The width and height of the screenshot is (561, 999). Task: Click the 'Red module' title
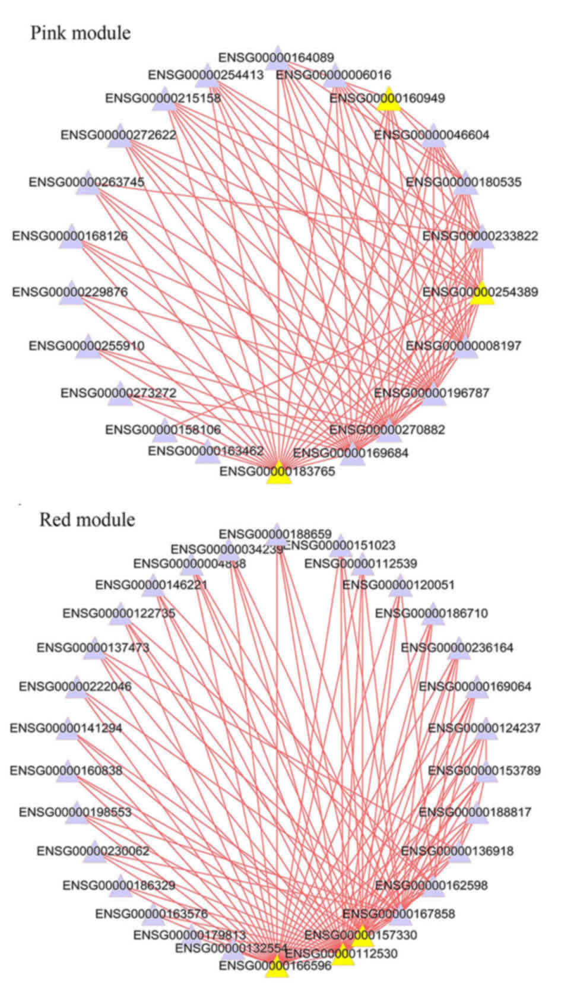click(x=87, y=520)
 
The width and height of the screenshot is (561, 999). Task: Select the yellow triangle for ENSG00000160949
click(x=389, y=100)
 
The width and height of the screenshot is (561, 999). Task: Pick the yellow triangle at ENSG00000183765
click(x=279, y=474)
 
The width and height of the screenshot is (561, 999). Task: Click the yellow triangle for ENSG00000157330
click(x=363, y=937)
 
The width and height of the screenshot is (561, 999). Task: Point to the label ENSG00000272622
click(x=118, y=135)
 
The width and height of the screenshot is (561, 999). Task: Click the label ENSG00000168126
click(x=69, y=236)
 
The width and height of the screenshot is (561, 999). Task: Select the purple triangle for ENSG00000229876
click(x=71, y=294)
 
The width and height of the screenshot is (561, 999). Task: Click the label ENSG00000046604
click(x=432, y=135)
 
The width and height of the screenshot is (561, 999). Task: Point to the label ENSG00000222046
click(x=75, y=686)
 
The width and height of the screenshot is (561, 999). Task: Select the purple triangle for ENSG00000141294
click(x=67, y=730)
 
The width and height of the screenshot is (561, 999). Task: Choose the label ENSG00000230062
click(x=93, y=851)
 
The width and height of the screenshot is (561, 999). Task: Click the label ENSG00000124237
click(x=484, y=727)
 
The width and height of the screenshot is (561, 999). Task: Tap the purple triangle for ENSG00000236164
click(x=458, y=651)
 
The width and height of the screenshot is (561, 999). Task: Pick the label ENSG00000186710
click(x=432, y=613)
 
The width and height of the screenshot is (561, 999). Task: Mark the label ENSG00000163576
click(x=151, y=914)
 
